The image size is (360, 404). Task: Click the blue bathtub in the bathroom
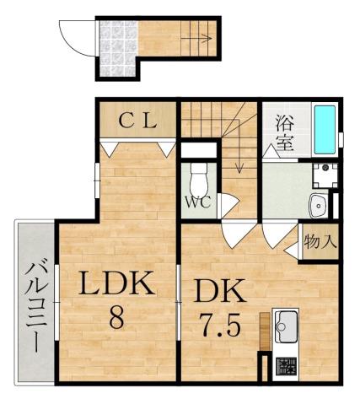tap(325, 129)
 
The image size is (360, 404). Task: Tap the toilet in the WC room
tap(199, 179)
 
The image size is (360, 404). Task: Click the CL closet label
tap(137, 121)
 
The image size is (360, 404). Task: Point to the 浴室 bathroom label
tap(283, 132)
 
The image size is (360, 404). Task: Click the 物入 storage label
tap(321, 241)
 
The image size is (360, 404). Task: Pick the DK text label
tap(220, 293)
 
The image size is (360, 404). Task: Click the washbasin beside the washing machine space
tap(320, 204)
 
